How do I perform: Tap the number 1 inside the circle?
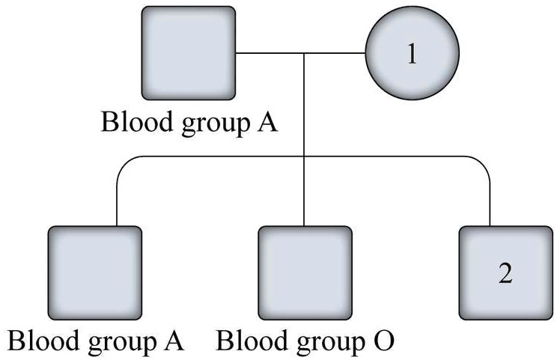tap(411, 55)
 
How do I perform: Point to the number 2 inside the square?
tap(505, 273)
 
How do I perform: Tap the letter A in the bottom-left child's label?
tap(174, 342)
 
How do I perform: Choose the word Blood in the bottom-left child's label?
tap(37, 342)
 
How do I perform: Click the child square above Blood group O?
tap(305, 273)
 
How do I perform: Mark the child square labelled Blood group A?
tap(94, 273)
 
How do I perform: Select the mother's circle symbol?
tap(411, 55)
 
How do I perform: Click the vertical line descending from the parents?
tap(305, 105)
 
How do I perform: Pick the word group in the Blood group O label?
tap(326, 344)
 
